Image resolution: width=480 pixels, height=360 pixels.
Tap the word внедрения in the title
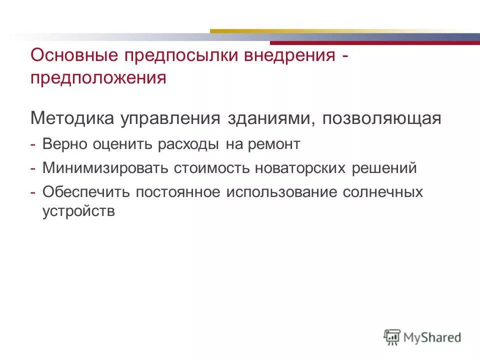(289, 55)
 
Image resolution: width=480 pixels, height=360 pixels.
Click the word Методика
(71, 119)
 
